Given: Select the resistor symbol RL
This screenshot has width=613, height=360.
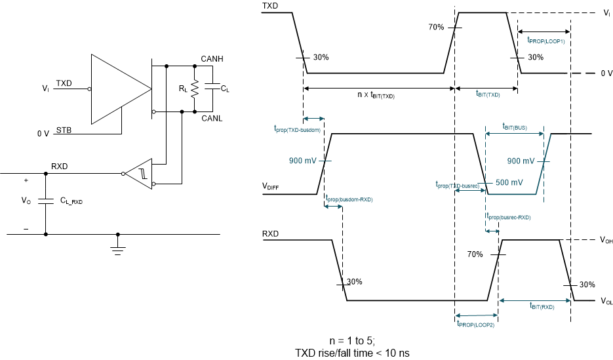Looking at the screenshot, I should click(194, 89).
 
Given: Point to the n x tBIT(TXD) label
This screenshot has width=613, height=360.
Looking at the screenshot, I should click(376, 96).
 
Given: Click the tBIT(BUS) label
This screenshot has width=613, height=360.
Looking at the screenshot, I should click(515, 126).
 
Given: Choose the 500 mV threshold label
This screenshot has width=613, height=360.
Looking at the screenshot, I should click(507, 182).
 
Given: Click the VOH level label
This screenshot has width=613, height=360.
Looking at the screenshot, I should click(605, 241).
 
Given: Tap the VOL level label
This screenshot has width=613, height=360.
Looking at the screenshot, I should click(605, 302).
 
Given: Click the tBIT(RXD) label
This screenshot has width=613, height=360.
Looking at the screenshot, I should click(542, 306).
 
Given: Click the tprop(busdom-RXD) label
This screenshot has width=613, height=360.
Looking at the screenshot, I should click(349, 199).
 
